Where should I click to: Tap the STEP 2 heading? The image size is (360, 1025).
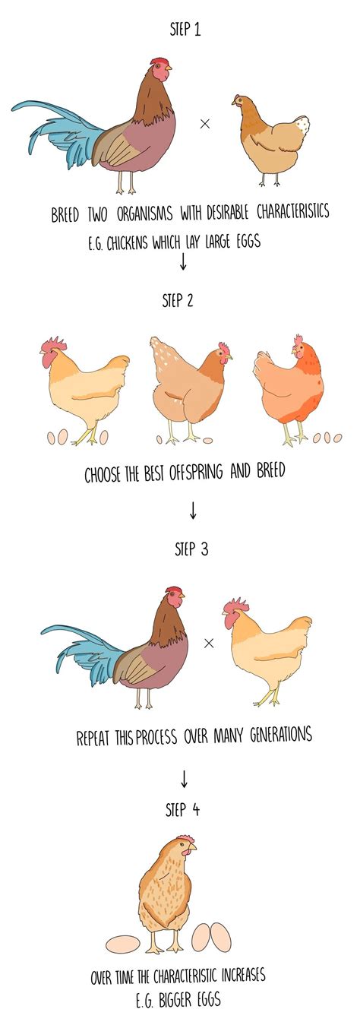pyautogui.click(x=178, y=299)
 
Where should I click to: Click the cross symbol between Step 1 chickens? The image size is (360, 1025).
pyautogui.click(x=204, y=124)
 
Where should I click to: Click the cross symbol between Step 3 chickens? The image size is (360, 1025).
pyautogui.click(x=210, y=644)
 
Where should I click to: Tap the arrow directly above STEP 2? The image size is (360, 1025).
pyautogui.click(x=182, y=262)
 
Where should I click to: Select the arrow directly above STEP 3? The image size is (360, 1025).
pyautogui.click(x=193, y=510)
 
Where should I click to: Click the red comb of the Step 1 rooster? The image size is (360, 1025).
pyautogui.click(x=159, y=62)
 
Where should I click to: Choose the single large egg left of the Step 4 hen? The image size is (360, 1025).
pyautogui.click(x=122, y=944)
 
